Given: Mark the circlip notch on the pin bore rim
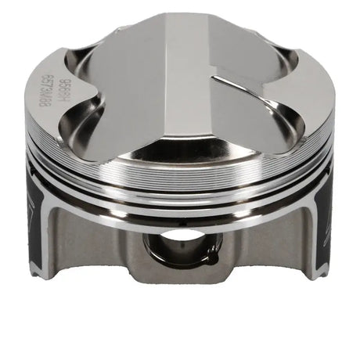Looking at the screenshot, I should (182, 251).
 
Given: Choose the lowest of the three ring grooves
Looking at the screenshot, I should (180, 221).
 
